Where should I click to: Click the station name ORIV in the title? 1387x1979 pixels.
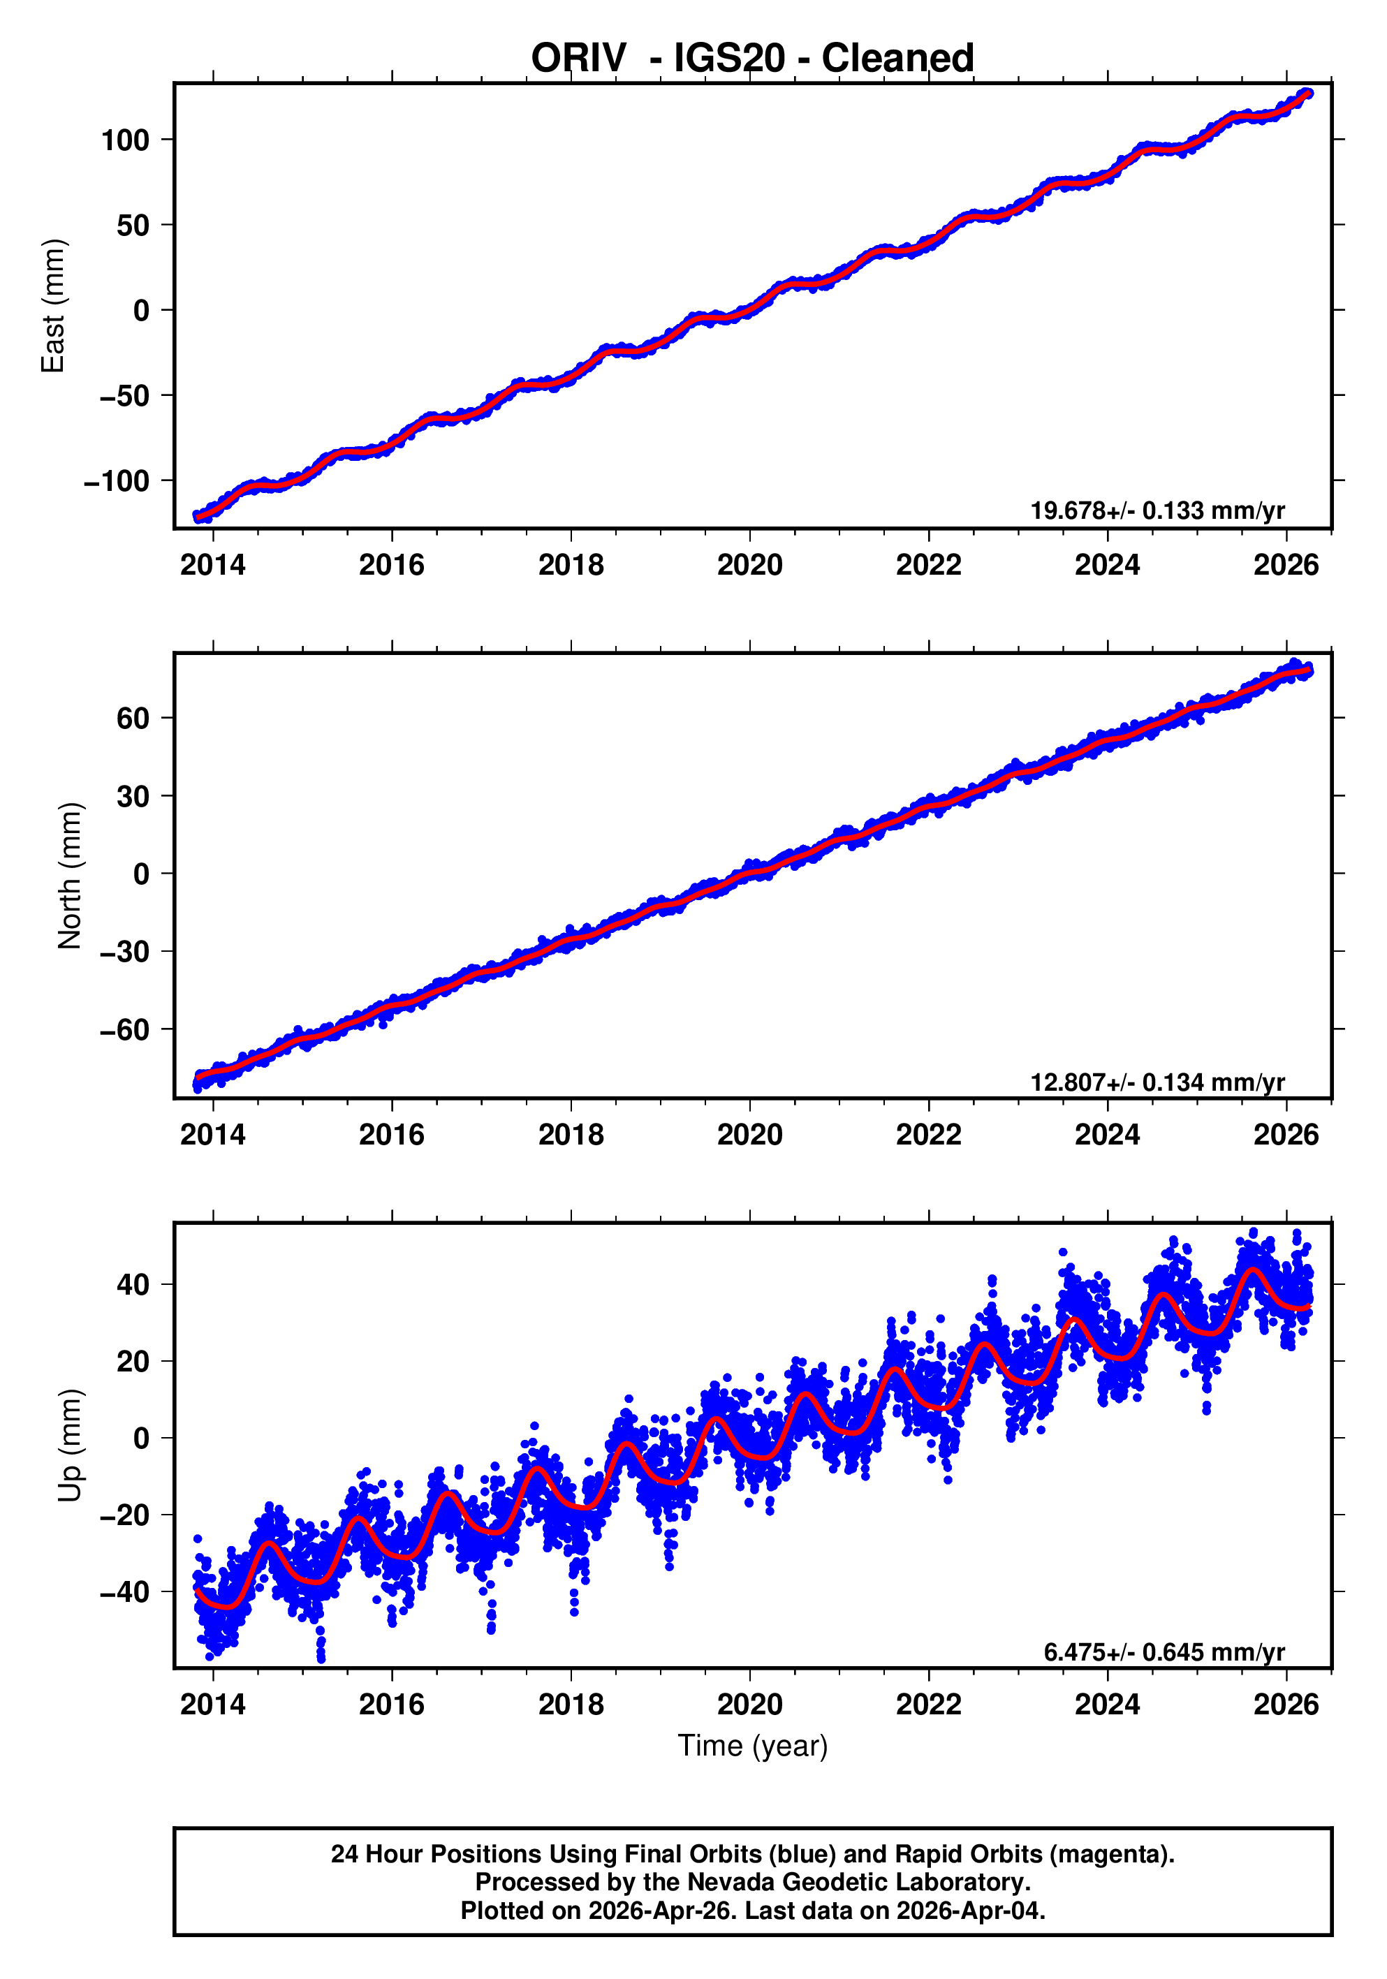(578, 59)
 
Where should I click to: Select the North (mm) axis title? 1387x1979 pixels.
(70, 876)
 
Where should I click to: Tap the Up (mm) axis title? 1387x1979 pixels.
(70, 1445)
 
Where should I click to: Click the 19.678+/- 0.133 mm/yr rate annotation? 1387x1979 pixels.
(1157, 510)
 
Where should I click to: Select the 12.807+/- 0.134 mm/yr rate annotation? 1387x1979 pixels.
(1157, 1082)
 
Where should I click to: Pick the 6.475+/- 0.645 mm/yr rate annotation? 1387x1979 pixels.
(1164, 1651)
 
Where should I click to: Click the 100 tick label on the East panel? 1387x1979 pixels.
(125, 140)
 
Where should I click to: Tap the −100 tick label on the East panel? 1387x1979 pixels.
(117, 481)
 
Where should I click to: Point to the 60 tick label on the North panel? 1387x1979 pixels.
(133, 718)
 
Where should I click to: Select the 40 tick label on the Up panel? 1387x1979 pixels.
(133, 1285)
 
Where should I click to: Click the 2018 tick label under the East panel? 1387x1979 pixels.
(571, 566)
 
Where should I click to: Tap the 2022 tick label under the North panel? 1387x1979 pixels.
(928, 1135)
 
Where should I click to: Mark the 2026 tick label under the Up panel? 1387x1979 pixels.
(1285, 1704)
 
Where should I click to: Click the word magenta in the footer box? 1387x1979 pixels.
(1112, 1854)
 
